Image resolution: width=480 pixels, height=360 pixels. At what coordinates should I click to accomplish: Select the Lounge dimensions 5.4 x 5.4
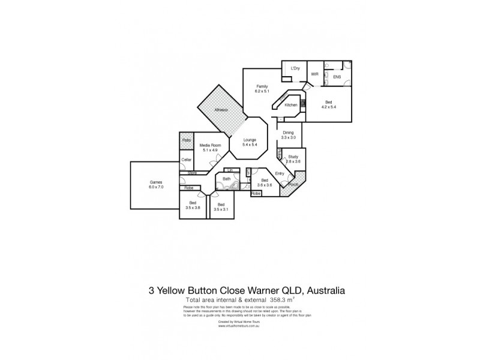pyautogui.click(x=249, y=145)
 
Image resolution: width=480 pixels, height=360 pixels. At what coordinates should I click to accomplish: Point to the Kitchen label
pyautogui.click(x=291, y=105)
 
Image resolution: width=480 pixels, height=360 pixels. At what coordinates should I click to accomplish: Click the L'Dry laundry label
pyautogui.click(x=295, y=68)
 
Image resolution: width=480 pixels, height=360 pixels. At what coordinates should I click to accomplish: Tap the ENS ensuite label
pyautogui.click(x=337, y=77)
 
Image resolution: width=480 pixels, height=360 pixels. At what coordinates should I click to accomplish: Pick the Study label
pyautogui.click(x=293, y=157)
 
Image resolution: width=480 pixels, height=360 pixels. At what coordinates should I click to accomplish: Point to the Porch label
pyautogui.click(x=294, y=184)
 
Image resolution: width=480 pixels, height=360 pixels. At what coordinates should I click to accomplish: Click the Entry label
pyautogui.click(x=280, y=173)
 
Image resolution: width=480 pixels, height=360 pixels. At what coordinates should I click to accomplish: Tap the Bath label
pyautogui.click(x=227, y=179)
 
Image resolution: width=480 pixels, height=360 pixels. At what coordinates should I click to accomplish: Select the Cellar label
pyautogui.click(x=187, y=160)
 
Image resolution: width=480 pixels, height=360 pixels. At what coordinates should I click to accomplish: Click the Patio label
pyautogui.click(x=187, y=140)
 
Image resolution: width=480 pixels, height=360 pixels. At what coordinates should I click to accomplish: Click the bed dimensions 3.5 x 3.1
pyautogui.click(x=221, y=209)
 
